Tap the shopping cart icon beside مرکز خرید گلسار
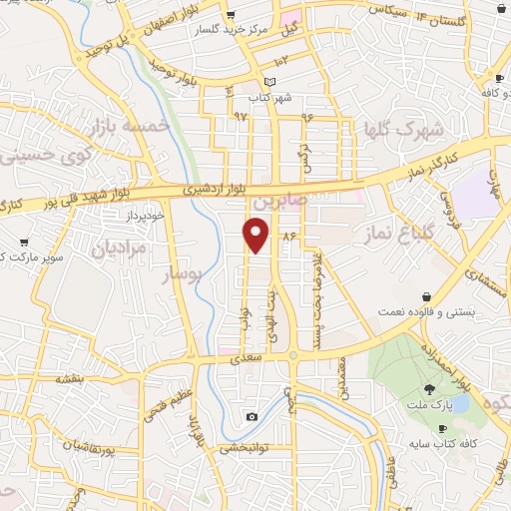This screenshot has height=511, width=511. tap(231, 15)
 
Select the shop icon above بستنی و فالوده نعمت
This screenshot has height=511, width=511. tap(427, 296)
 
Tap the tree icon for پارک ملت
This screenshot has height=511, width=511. tap(429, 390)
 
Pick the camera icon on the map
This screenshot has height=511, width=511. tap(252, 416)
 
